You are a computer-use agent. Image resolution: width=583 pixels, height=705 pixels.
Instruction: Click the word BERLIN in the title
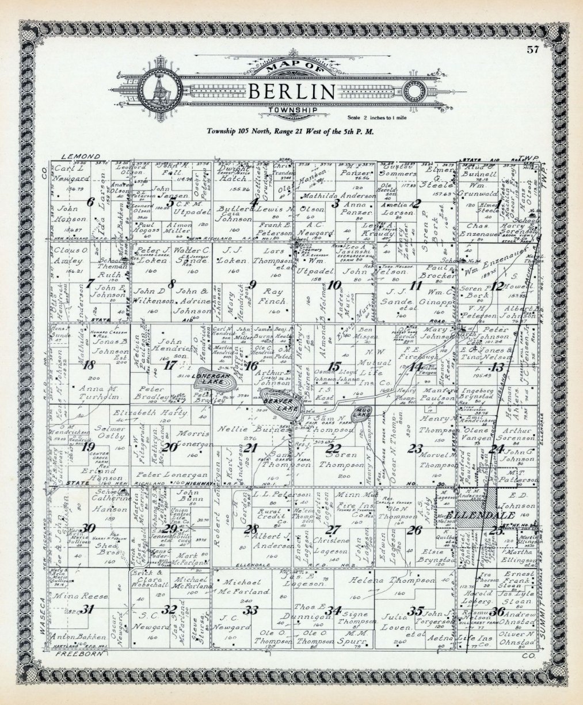coord(292,92)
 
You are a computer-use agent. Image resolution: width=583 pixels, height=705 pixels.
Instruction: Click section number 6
coord(90,202)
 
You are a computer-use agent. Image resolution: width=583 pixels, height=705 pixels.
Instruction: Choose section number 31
coord(87,610)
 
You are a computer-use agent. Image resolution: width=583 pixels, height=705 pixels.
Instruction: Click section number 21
coord(250,448)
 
